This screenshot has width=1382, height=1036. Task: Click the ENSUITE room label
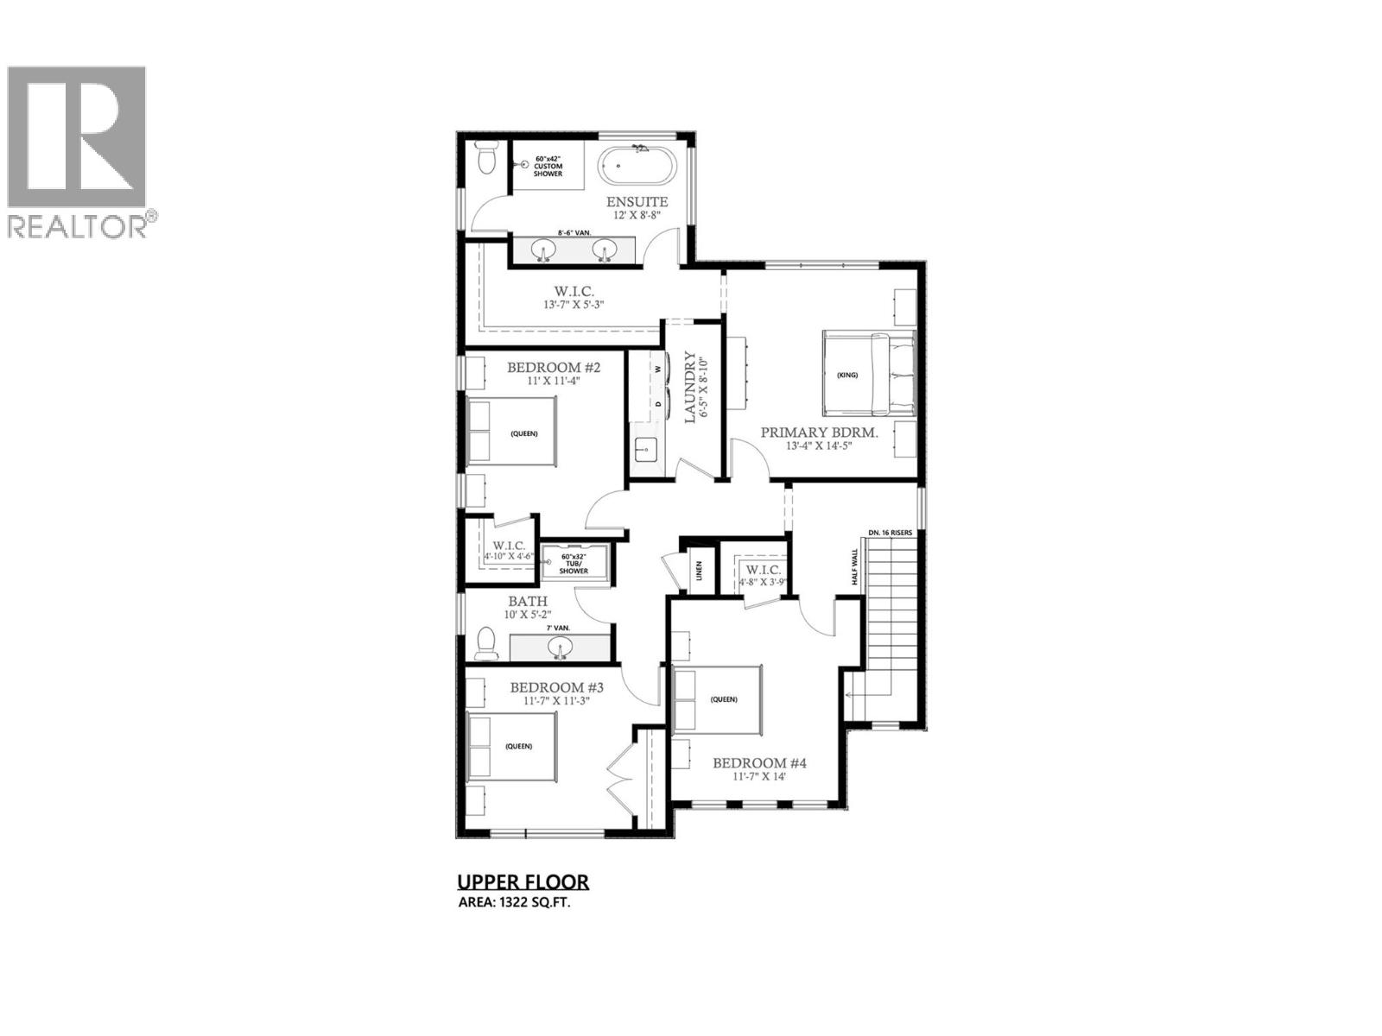point(637,202)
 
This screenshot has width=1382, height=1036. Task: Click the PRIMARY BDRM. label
point(819,433)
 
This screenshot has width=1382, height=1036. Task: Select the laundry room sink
point(644,450)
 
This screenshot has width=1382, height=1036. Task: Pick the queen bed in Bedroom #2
point(511,433)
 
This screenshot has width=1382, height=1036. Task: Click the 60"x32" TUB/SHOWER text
point(574,564)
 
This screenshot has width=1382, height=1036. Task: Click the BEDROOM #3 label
point(556,687)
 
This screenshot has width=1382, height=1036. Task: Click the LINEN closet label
point(698,572)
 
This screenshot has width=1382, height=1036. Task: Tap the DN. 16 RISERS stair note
point(891,533)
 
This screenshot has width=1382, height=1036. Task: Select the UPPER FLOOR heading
point(523,881)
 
